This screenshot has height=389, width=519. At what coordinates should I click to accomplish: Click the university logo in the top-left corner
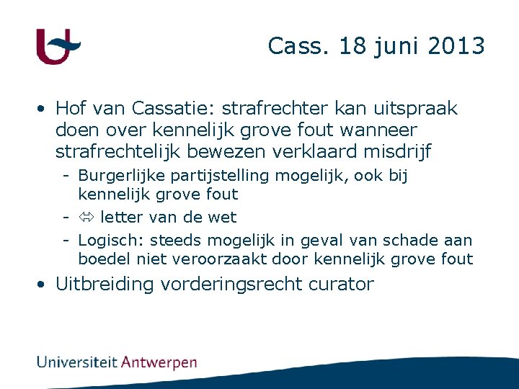coord(58,47)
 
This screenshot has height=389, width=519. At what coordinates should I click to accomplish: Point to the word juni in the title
coord(397,47)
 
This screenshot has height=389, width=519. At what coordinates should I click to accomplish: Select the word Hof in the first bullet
coord(71,108)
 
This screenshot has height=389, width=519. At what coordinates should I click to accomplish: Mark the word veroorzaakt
coord(214,259)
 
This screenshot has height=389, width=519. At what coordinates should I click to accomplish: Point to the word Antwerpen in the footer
coord(159,362)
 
